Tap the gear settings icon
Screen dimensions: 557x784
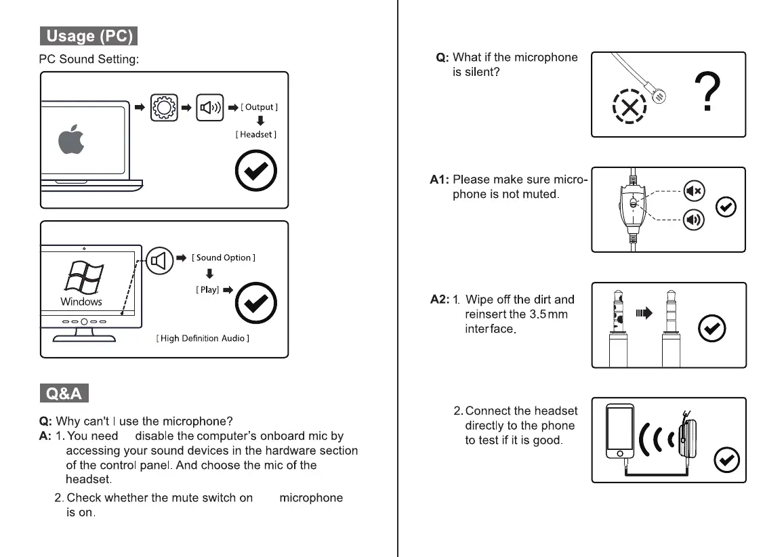click(165, 107)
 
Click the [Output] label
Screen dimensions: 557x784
click(259, 107)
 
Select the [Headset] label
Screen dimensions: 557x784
click(256, 135)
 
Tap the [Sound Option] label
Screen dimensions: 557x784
click(224, 257)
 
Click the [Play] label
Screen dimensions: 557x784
click(207, 289)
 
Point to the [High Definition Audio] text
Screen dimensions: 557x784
click(203, 338)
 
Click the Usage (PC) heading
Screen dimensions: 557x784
click(88, 36)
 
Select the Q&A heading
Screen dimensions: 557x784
click(64, 393)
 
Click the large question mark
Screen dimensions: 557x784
click(707, 94)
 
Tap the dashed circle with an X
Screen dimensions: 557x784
click(630, 107)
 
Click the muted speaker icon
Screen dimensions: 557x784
click(694, 192)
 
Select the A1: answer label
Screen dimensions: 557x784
click(440, 180)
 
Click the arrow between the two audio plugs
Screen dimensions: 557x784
click(643, 313)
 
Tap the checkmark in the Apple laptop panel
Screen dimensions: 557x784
click(255, 172)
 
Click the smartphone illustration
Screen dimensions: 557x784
click(619, 431)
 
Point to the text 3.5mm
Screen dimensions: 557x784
click(548, 314)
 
